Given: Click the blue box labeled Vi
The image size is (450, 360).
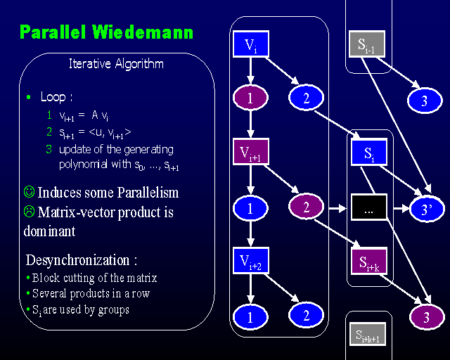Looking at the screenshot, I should click(250, 46).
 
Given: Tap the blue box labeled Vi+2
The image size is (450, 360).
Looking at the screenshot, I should click(250, 262).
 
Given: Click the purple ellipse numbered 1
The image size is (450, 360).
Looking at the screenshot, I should click(250, 98).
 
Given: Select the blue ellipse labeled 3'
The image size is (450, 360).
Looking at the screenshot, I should click(425, 208).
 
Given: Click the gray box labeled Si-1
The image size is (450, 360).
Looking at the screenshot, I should click(366, 45).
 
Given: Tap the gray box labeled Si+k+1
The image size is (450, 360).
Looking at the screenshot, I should click(366, 336).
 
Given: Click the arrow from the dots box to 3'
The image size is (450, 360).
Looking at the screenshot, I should click(398, 209).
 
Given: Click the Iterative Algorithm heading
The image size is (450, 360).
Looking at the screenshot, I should click(116, 64).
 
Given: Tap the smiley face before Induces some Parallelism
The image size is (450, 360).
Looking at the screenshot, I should click(29, 192).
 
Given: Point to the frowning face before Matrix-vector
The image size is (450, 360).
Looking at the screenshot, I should click(29, 212).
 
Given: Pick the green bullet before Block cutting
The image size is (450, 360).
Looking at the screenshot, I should click(27, 277).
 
